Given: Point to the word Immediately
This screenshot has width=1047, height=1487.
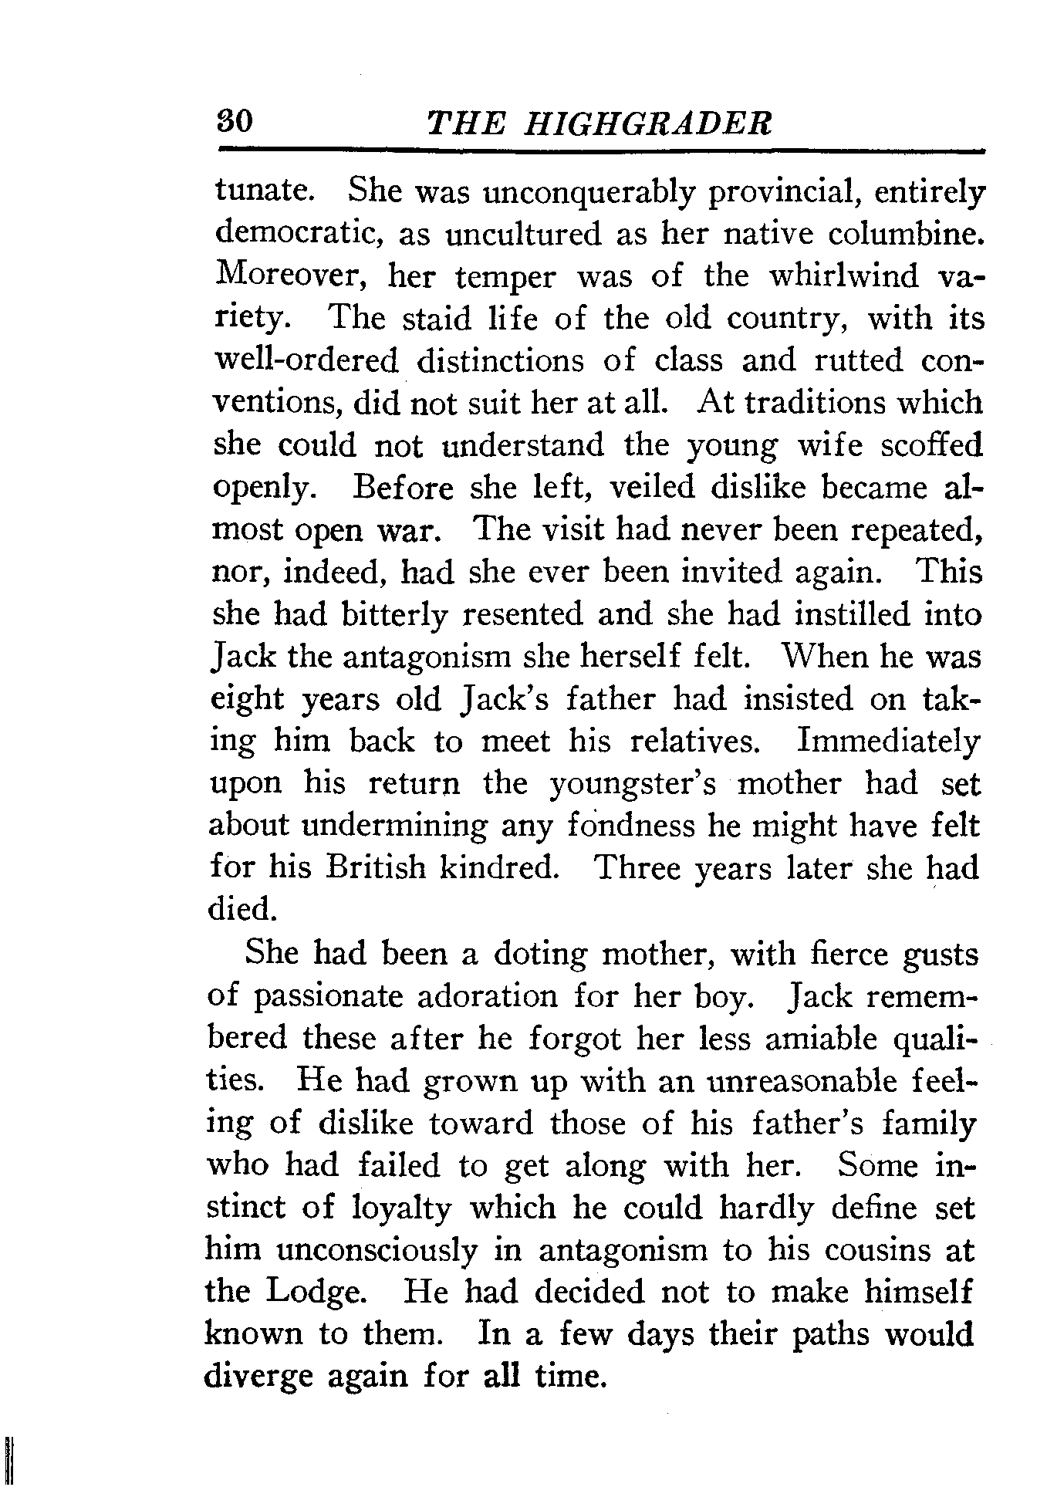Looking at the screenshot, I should (888, 742).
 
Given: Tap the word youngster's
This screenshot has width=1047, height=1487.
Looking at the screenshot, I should (632, 784).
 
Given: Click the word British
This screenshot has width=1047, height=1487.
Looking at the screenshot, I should (375, 868).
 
